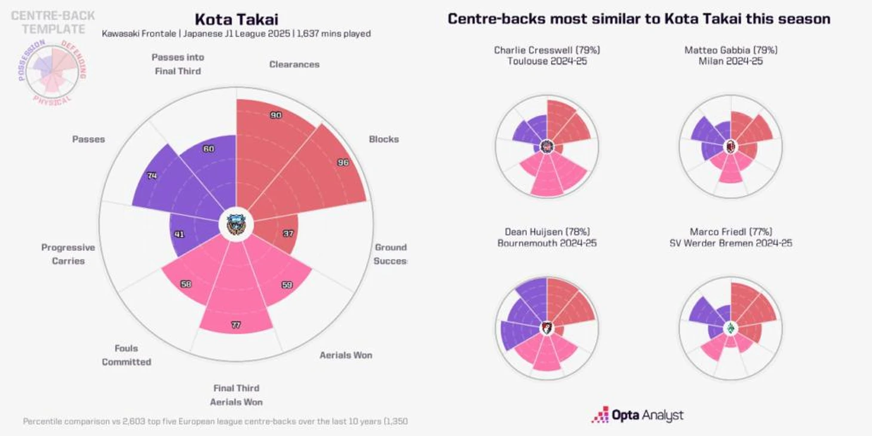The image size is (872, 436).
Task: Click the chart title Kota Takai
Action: [x=236, y=19]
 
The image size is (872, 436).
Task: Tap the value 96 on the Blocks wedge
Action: [x=343, y=162]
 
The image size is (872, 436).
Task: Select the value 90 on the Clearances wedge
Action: [x=276, y=115]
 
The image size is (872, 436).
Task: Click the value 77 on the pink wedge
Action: [x=236, y=325]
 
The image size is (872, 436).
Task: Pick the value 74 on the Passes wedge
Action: [x=152, y=176]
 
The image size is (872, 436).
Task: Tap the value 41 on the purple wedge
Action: [x=179, y=234]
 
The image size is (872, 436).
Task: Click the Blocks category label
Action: [x=383, y=139]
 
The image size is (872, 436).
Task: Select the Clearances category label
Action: [x=294, y=65]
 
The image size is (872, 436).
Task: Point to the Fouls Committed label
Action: [x=126, y=355]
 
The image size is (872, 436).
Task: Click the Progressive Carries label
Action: [x=68, y=254]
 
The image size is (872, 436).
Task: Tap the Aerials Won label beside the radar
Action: [x=345, y=355]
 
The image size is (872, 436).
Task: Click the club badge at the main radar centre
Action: [x=237, y=225]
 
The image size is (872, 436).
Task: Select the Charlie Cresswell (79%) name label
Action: [x=546, y=50]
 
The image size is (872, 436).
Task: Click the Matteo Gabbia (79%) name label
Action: [x=730, y=50]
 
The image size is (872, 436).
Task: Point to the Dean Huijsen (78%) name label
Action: [x=546, y=232]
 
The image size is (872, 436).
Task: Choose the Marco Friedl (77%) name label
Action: [x=730, y=232]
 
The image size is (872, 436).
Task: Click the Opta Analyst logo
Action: [x=637, y=415]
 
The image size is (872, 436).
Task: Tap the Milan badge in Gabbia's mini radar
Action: [x=730, y=146]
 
